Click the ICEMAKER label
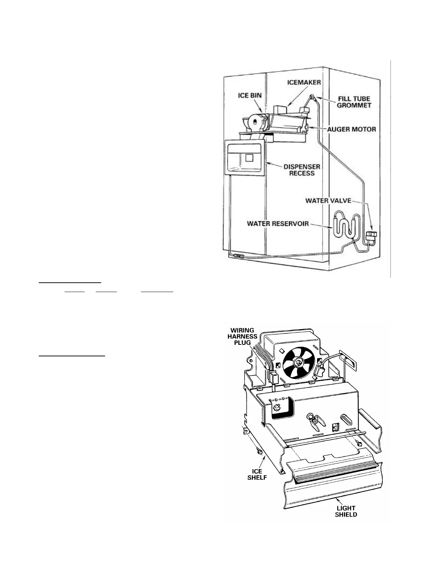(x=304, y=82)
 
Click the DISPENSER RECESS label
(x=302, y=170)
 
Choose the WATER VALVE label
(x=328, y=200)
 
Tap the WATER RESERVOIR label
(x=278, y=224)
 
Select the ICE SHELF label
(x=257, y=475)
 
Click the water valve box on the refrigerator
(x=372, y=236)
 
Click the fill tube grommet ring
(x=312, y=96)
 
